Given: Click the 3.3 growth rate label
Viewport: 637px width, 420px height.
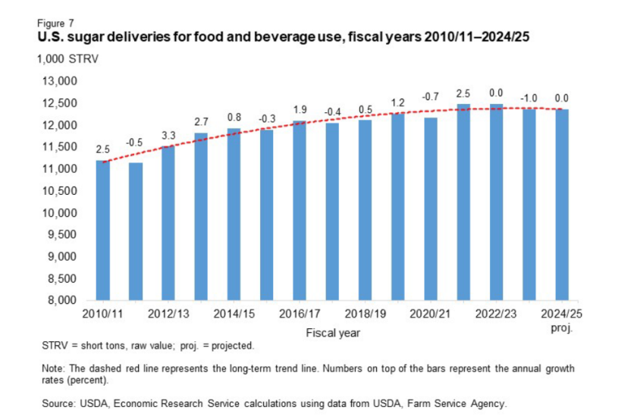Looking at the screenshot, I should (x=168, y=135).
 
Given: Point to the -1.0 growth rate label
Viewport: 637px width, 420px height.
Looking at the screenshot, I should (x=529, y=99).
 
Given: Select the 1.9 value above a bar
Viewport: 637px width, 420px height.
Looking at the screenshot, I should (x=300, y=110).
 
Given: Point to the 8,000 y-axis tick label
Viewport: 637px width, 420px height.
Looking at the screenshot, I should (x=64, y=300).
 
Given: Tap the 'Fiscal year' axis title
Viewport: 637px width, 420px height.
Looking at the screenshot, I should (x=333, y=332).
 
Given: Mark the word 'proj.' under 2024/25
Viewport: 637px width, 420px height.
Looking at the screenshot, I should (x=561, y=329).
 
